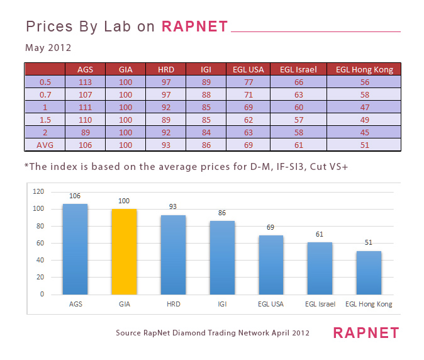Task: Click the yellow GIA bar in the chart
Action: click(x=124, y=251)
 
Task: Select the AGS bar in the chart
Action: click(x=75, y=249)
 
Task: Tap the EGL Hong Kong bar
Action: click(x=369, y=272)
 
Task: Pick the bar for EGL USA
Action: click(x=271, y=264)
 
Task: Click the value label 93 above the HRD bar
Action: click(x=173, y=206)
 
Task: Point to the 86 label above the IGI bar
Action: click(x=221, y=213)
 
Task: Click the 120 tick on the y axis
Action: click(x=38, y=191)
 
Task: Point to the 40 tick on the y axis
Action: click(x=40, y=260)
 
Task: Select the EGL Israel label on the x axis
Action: click(x=320, y=304)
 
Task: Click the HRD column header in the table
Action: click(x=165, y=70)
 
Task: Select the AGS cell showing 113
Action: click(x=85, y=82)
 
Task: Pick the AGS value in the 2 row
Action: click(x=85, y=133)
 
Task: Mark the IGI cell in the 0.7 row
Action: click(x=206, y=95)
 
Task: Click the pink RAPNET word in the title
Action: click(x=194, y=26)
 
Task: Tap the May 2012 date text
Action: click(x=48, y=48)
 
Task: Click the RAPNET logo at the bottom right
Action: click(x=365, y=332)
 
